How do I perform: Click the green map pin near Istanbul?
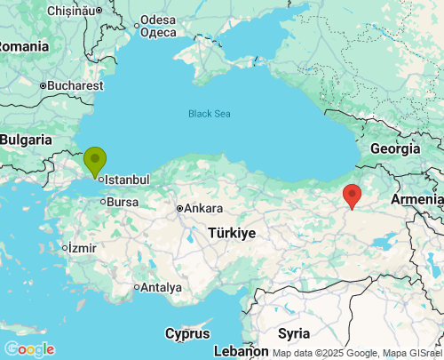tap(95, 161)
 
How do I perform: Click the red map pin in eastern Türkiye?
tap(353, 195)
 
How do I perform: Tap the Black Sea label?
tap(209, 113)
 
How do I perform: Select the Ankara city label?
tap(204, 209)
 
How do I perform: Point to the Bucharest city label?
tap(75, 86)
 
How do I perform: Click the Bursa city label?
tap(122, 202)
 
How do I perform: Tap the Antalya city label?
tap(161, 287)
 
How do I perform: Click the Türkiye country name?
tap(232, 232)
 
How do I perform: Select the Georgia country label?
tap(394, 148)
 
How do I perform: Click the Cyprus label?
tap(187, 333)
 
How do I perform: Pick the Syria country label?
tap(294, 333)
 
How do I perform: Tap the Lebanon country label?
tap(241, 351)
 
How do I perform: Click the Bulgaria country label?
tap(27, 140)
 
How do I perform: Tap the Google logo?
tap(29, 348)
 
